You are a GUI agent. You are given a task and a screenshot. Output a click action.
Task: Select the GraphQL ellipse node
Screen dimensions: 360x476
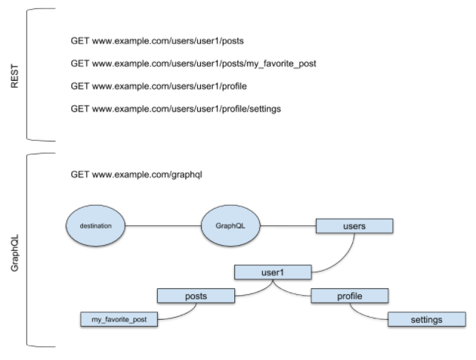pos(230,225)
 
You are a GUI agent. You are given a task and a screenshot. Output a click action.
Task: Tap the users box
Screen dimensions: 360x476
pos(354,225)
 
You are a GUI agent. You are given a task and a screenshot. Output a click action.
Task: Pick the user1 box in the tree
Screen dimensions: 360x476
pos(273,271)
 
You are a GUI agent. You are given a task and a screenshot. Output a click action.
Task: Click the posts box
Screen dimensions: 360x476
pos(196,295)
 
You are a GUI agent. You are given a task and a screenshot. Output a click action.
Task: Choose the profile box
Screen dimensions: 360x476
pos(349,295)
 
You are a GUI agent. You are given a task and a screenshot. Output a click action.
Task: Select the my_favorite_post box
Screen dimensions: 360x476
pos(119,319)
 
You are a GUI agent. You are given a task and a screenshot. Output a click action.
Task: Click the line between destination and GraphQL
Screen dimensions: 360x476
pos(162,225)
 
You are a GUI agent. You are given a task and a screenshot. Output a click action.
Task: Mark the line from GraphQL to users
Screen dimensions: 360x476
pos(286,225)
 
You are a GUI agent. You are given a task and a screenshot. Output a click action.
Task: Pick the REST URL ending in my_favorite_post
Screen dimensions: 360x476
pos(193,64)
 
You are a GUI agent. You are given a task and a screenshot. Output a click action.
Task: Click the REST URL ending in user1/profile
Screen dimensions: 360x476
pos(158,86)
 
